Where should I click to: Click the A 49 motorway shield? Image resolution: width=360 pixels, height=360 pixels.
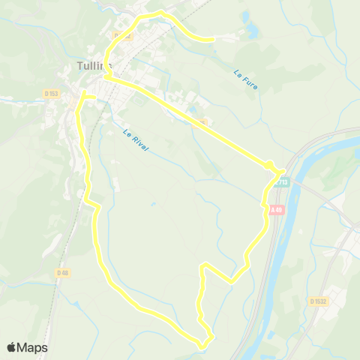click(276, 211)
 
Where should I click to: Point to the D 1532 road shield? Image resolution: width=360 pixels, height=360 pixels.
click(318, 301)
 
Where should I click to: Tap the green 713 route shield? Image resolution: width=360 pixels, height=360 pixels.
click(280, 181)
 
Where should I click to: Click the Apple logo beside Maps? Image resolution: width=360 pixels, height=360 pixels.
click(12, 347)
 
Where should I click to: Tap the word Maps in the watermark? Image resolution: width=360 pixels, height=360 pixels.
click(33, 347)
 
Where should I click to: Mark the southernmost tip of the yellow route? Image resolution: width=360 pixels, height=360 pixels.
click(201, 345)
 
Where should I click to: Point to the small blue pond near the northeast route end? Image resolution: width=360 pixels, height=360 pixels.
click(250, 31)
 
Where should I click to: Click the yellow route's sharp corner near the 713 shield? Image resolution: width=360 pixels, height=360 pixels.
click(281, 169)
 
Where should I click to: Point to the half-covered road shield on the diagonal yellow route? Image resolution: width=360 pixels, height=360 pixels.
click(199, 121)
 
